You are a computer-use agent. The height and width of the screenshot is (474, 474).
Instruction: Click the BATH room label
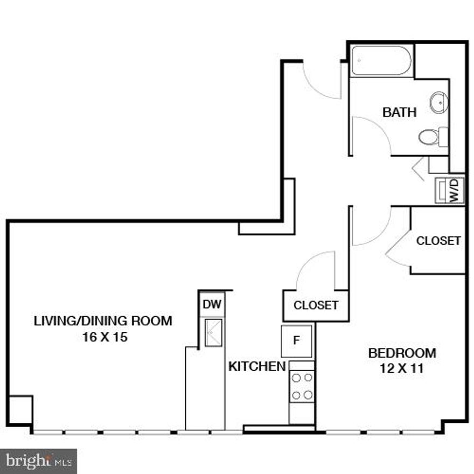coord(399,113)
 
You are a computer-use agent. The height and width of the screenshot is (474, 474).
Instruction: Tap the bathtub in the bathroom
coord(381,61)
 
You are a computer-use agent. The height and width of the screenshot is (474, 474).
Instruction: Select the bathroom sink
coord(439,102)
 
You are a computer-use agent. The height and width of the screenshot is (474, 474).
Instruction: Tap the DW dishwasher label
coord(212,304)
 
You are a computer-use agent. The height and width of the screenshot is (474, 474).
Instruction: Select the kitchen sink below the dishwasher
coord(213,331)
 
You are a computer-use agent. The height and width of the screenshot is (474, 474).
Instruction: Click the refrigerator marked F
coord(296,340)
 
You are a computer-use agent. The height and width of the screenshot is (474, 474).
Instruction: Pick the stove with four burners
coord(302,387)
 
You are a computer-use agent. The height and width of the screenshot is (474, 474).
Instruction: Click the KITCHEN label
coord(257,367)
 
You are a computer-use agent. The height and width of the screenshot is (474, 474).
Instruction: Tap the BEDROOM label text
coord(402,354)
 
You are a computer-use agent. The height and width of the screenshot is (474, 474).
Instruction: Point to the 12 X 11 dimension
coord(402,370)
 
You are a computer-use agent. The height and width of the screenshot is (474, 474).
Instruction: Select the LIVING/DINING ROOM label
coord(103,321)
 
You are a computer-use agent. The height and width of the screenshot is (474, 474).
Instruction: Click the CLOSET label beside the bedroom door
coord(438,241)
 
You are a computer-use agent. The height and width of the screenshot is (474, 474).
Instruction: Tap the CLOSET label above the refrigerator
coord(316,305)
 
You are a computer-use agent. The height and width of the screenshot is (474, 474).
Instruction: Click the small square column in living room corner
coord(20,411)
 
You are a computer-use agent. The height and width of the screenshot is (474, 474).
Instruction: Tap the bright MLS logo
coord(38,461)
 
